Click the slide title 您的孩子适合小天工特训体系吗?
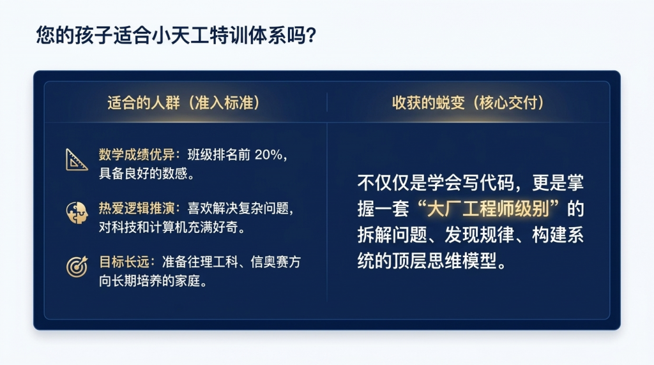click(x=176, y=35)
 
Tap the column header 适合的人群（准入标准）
click(x=183, y=103)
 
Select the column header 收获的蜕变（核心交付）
click(x=468, y=103)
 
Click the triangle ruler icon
click(x=77, y=160)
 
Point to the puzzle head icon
click(x=77, y=212)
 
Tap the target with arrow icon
click(x=77, y=267)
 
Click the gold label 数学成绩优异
click(x=137, y=154)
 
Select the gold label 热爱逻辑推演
click(x=137, y=208)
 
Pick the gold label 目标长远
click(x=124, y=262)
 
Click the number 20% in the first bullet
click(x=269, y=154)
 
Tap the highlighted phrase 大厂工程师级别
click(x=488, y=209)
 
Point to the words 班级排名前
click(x=219, y=154)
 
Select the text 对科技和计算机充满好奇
click(x=168, y=227)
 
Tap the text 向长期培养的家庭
click(x=149, y=281)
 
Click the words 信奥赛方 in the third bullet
click(x=275, y=262)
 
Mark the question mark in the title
click(x=311, y=35)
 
